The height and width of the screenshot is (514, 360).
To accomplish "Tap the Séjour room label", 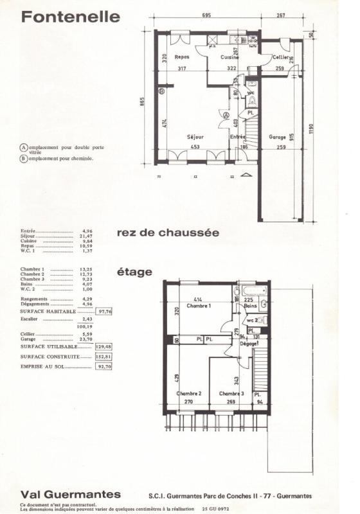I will (195, 137).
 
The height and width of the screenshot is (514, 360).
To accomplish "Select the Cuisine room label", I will (230, 57).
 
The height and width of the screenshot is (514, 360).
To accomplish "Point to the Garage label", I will (277, 137).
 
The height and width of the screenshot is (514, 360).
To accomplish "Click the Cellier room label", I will (280, 57).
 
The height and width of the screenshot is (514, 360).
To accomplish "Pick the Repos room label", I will (182, 57).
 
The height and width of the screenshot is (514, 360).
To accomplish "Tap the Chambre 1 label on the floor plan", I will (199, 306).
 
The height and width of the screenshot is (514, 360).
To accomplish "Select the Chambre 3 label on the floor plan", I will (231, 393).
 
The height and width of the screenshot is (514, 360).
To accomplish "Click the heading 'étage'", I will (134, 272).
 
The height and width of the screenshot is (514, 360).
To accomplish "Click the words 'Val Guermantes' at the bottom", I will (70, 494).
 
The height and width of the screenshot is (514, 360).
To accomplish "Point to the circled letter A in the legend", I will (24, 148).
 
